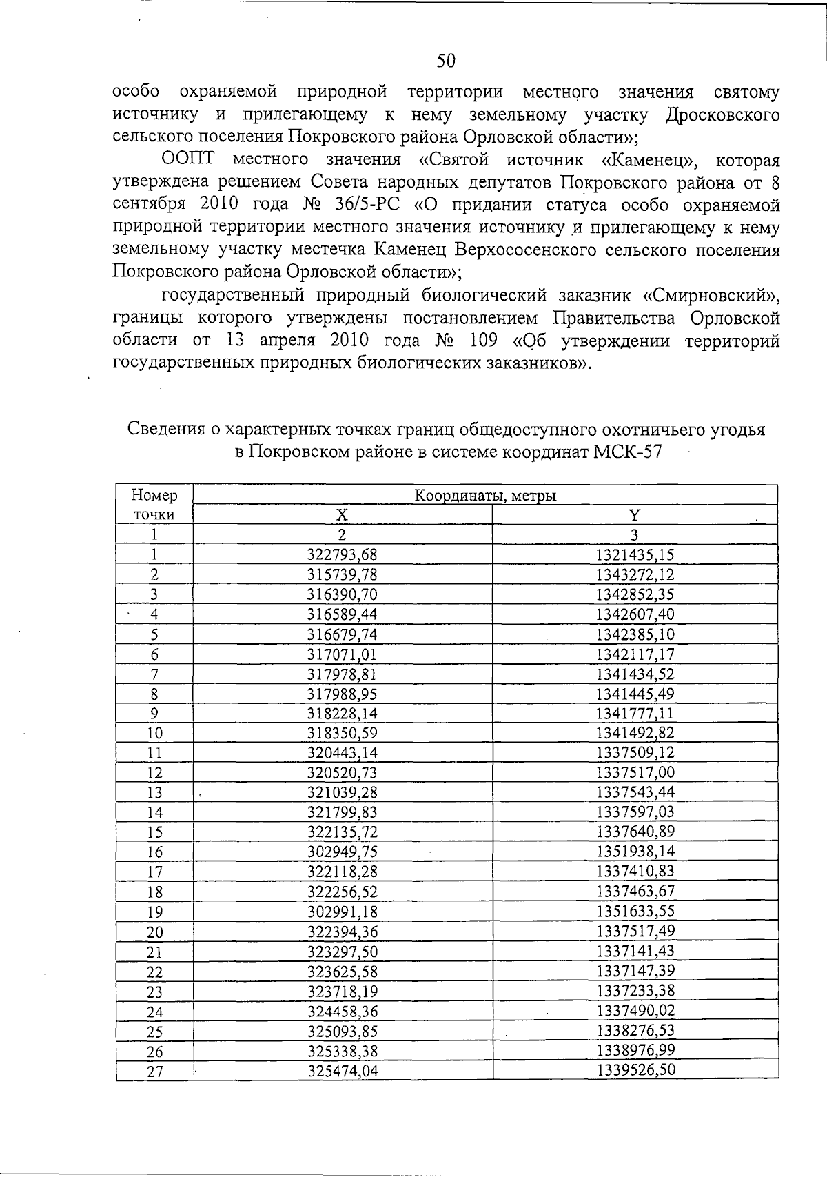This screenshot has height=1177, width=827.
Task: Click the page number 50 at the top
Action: (447, 61)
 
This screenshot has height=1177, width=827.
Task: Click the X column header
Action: (342, 515)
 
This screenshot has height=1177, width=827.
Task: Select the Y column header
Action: (635, 515)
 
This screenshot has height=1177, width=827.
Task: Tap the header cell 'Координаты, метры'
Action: (485, 495)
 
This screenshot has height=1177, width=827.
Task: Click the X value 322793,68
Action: (343, 554)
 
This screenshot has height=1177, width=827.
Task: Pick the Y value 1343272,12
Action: (635, 574)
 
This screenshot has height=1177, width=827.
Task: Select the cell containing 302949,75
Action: (343, 852)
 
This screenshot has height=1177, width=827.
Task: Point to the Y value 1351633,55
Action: (635, 912)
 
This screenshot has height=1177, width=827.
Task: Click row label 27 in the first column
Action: (154, 1072)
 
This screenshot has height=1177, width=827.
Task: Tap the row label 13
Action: (154, 793)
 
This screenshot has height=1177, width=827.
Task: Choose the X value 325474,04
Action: (343, 1072)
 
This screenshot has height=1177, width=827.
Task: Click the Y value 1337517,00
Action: (635, 772)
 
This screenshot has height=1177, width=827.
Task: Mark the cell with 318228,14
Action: (343, 714)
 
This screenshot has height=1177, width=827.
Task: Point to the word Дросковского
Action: (723, 114)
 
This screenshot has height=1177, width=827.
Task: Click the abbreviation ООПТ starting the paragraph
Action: (188, 161)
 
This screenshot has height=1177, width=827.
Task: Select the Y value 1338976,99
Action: (635, 1050)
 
